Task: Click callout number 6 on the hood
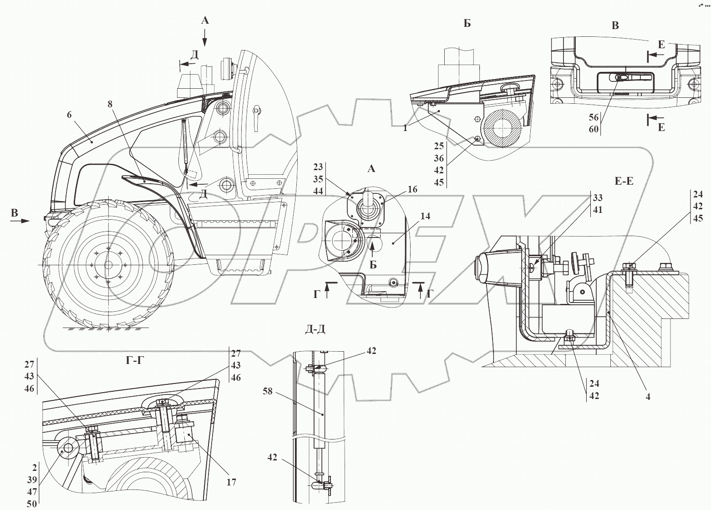point(69,115)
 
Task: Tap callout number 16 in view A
point(412,190)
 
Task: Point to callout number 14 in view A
point(426,217)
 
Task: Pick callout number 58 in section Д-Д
point(267,391)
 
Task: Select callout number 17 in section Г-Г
point(231,482)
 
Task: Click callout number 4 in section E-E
point(648,396)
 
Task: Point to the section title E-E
point(624,182)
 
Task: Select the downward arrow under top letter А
point(205,37)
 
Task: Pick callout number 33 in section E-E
point(598,198)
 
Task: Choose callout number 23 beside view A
point(318,167)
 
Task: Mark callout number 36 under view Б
point(439,158)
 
